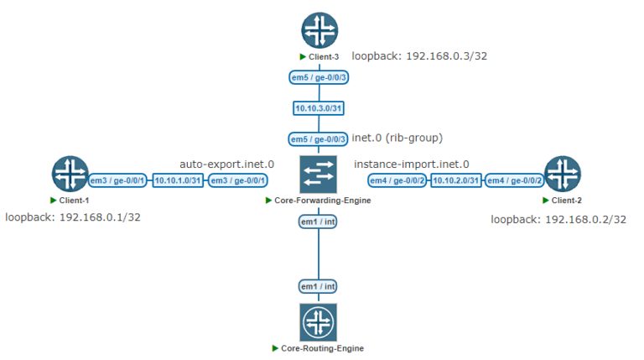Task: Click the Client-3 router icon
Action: pyautogui.click(x=319, y=31)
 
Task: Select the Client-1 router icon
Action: pyautogui.click(x=70, y=174)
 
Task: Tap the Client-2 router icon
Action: pyautogui.click(x=562, y=174)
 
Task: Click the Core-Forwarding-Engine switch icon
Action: pyautogui.click(x=318, y=174)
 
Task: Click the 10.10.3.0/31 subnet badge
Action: pyautogui.click(x=319, y=108)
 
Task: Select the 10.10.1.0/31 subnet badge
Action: pyautogui.click(x=178, y=180)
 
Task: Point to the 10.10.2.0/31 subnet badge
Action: pyautogui.click(x=455, y=180)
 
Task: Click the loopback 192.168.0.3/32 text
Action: pyautogui.click(x=419, y=56)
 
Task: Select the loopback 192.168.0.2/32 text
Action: pyautogui.click(x=558, y=219)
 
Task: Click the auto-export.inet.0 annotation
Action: pyautogui.click(x=227, y=164)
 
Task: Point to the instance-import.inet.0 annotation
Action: pyautogui.click(x=412, y=164)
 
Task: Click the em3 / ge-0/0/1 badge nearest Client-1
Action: pyautogui.click(x=118, y=180)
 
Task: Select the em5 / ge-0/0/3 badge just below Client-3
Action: pyautogui.click(x=319, y=78)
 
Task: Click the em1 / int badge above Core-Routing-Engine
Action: pyautogui.click(x=319, y=287)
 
